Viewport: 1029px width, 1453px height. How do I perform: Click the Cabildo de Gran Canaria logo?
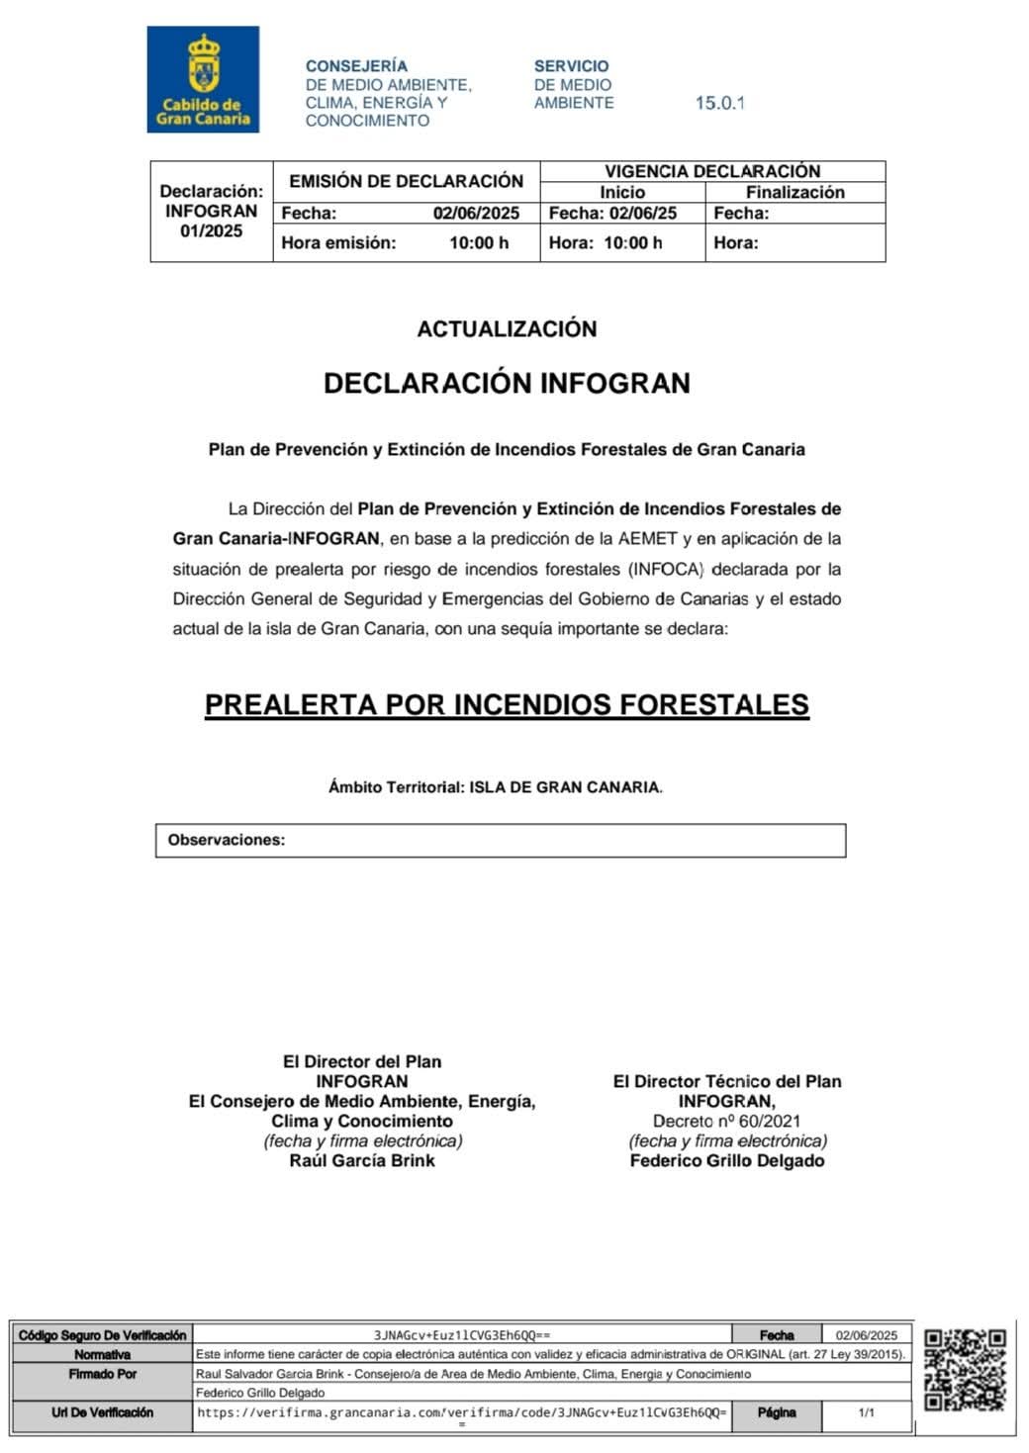203,79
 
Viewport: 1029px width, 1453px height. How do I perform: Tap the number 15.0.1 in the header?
719,103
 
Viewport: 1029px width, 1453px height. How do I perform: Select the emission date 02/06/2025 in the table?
476,213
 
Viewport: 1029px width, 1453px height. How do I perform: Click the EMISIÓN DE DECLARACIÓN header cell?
406,181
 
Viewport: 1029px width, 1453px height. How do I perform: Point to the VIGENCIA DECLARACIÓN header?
712,171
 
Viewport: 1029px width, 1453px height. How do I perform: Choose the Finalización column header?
795,192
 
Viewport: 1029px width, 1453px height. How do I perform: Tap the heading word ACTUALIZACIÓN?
507,329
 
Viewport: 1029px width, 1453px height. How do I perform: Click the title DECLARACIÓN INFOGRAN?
507,383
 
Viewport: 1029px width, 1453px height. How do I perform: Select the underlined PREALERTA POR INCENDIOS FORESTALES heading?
507,704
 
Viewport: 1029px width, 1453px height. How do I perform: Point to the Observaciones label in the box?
227,840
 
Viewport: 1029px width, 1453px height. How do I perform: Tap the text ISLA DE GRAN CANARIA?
564,787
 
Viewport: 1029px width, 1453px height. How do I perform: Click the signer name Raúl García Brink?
362,1160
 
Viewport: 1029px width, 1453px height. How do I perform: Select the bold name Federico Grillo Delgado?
727,1160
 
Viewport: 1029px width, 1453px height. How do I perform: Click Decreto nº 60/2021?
726,1121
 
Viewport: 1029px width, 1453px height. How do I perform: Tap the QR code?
965,1370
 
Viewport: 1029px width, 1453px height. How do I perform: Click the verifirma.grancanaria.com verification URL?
462,1412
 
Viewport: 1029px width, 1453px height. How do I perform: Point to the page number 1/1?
866,1412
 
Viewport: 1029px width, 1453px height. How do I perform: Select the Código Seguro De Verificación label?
102,1335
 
